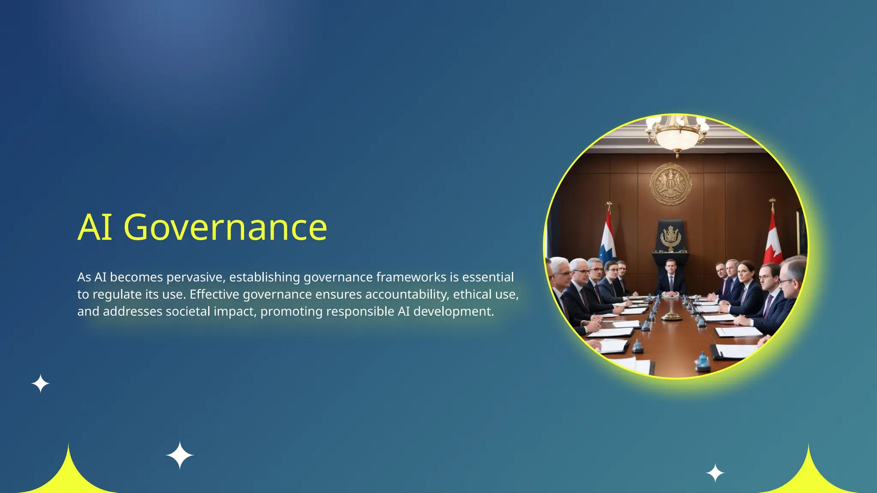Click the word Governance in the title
(x=225, y=228)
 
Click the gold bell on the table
(x=671, y=316)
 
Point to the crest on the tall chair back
(x=671, y=238)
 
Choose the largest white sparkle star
(x=180, y=455)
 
